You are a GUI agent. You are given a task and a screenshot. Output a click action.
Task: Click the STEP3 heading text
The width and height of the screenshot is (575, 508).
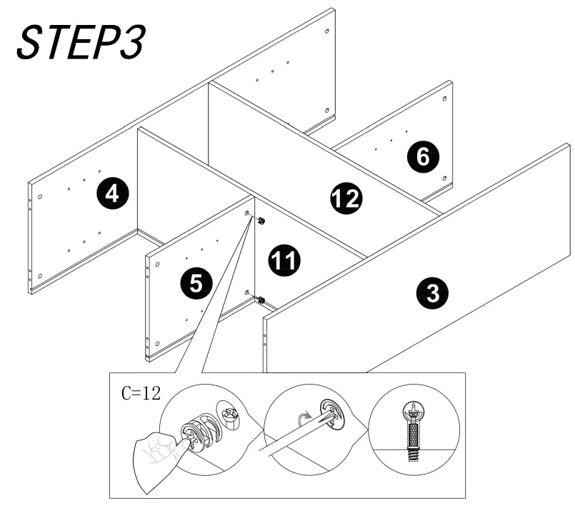point(80,42)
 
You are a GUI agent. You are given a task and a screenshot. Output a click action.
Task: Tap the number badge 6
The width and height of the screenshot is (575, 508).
point(424,157)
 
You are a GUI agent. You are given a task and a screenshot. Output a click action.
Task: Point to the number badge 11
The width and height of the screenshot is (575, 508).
point(284,260)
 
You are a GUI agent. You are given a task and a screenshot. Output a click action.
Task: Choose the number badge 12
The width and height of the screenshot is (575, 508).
point(346,198)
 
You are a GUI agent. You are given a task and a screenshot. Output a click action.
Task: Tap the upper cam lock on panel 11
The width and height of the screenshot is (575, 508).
point(261,220)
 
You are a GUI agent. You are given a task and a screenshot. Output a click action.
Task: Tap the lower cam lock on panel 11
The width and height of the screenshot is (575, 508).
point(261,300)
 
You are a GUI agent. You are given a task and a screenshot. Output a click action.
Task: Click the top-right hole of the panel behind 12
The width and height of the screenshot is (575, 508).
point(326,32)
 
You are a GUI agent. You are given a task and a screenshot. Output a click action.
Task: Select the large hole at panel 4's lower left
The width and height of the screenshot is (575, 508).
point(40,275)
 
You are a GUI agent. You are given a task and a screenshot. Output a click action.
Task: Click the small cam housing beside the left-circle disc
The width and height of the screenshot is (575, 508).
point(231,415)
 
